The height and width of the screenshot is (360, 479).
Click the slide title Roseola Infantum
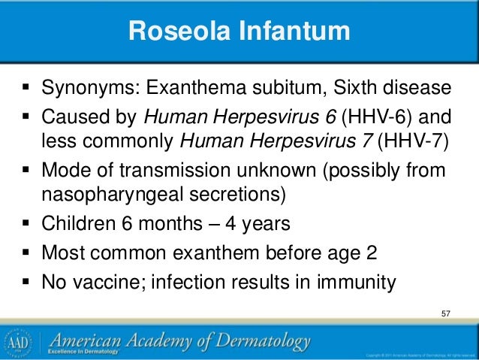239,32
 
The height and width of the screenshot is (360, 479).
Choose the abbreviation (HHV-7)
412,140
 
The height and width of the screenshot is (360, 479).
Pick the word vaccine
104,283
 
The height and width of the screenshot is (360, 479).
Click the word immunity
354,283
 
